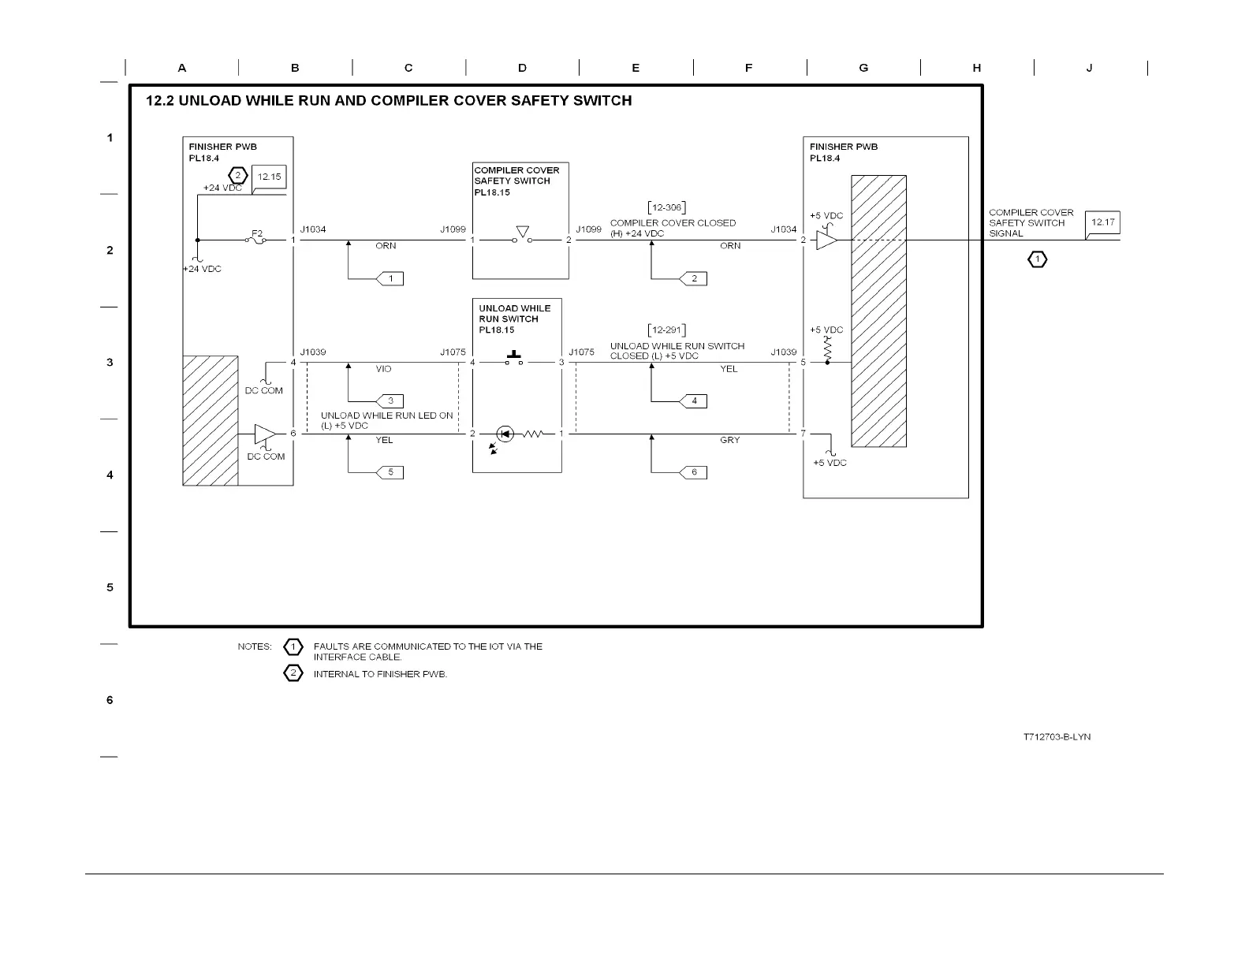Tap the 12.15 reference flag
pyautogui.click(x=269, y=177)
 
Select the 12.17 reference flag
pyautogui.click(x=1102, y=223)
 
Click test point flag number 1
pyautogui.click(x=390, y=278)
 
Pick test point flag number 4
pyautogui.click(x=694, y=401)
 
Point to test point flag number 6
pyautogui.click(x=694, y=472)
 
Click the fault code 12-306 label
pyautogui.click(x=666, y=208)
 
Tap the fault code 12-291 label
pyautogui.click(x=666, y=330)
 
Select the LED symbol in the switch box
pyautogui.click(x=505, y=434)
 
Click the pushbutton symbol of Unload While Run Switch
pyautogui.click(x=514, y=358)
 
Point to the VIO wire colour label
pyautogui.click(x=383, y=369)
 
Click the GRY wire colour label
pyautogui.click(x=729, y=440)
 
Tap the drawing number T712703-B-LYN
pyautogui.click(x=1057, y=737)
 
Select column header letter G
pyautogui.click(x=863, y=68)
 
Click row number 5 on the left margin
pyautogui.click(x=110, y=587)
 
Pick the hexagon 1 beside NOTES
pyautogui.click(x=293, y=647)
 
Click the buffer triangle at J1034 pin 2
pyautogui.click(x=826, y=240)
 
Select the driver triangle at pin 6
pyautogui.click(x=265, y=434)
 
